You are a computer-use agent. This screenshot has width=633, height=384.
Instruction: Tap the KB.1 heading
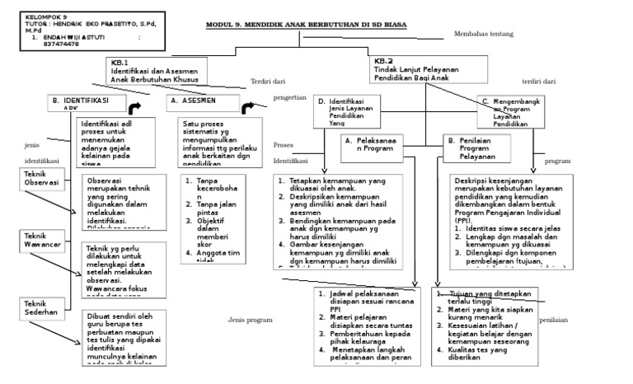[120, 62]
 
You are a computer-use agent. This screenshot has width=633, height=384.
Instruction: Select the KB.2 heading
[384, 61]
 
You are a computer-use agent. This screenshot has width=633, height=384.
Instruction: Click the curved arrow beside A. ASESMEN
[249, 108]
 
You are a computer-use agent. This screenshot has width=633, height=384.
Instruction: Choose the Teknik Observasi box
[40, 178]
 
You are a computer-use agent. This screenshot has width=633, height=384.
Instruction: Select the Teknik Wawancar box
[40, 241]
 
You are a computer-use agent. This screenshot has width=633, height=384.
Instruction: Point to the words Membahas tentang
[484, 34]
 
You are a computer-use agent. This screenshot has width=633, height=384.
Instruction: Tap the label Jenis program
[250, 320]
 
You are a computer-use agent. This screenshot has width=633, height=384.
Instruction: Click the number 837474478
[61, 44]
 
